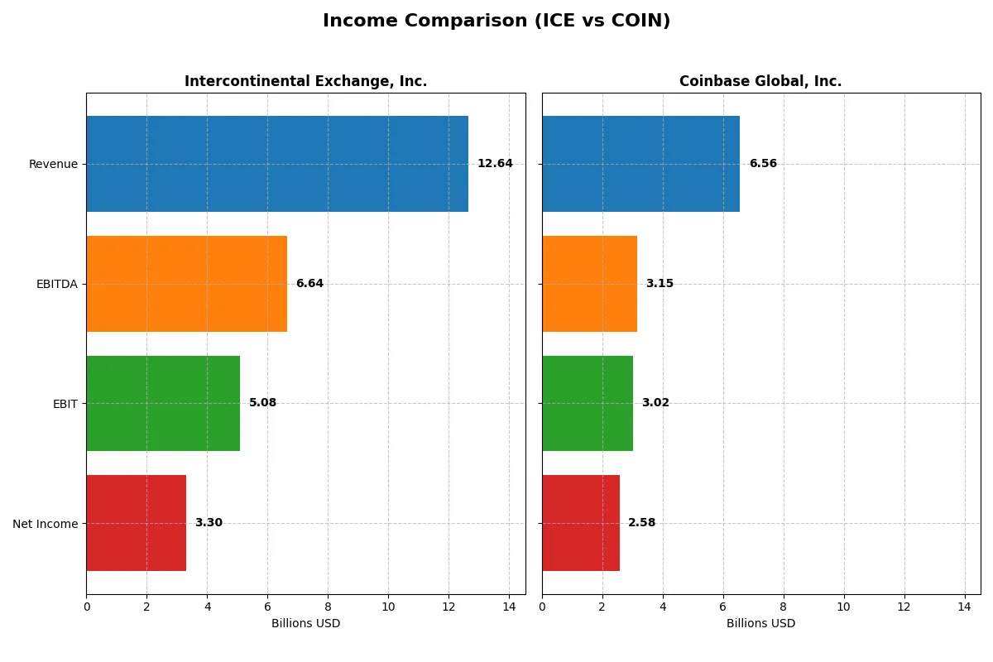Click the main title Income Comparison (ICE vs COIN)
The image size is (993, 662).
click(496, 22)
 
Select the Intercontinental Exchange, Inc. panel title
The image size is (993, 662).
click(305, 81)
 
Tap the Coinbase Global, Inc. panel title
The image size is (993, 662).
click(760, 81)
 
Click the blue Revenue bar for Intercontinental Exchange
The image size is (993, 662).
click(277, 164)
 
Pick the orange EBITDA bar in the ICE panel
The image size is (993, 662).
click(186, 284)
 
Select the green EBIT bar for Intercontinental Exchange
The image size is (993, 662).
click(163, 403)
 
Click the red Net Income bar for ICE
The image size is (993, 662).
click(136, 523)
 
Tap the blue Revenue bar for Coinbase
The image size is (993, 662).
click(640, 164)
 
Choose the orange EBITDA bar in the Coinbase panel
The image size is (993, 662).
click(589, 284)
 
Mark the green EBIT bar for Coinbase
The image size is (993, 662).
click(588, 403)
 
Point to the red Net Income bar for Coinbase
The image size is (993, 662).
click(581, 523)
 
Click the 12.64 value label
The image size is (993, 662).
click(495, 164)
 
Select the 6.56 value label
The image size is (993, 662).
click(763, 164)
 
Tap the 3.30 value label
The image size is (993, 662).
click(209, 523)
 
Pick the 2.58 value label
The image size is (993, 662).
click(641, 523)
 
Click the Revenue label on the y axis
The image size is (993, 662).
click(53, 164)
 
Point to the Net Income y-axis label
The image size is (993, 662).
click(46, 524)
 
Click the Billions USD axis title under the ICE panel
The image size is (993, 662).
click(305, 624)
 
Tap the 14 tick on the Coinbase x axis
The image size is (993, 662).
click(964, 607)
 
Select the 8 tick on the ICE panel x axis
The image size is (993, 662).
click(328, 607)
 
